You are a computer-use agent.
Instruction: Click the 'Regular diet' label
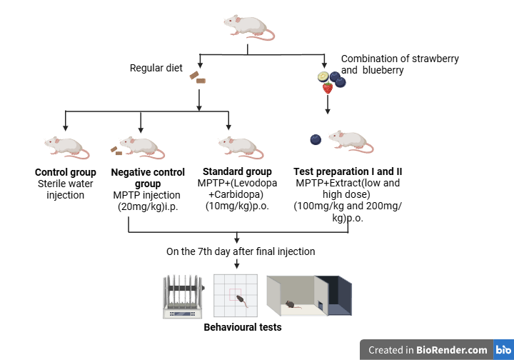coord(156,69)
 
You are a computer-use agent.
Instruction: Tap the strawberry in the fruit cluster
coord(328,88)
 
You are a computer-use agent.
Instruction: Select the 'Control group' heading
coord(66,173)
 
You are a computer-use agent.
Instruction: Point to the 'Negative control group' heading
coord(148,178)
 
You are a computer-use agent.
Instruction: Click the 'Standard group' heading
coord(237,171)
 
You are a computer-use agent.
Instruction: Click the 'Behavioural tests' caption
coord(243,328)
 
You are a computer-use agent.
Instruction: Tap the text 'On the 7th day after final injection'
coord(241,251)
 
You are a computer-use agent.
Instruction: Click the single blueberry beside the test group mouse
coord(316,139)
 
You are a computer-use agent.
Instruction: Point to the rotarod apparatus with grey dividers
coord(184,296)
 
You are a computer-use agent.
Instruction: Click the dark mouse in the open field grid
coord(241,300)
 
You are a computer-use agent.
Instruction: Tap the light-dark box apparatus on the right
coord(309,295)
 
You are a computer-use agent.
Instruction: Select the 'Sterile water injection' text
coord(66,189)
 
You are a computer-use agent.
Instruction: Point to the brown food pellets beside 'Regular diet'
coord(197,76)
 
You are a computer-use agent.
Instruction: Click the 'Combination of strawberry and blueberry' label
coord(400,64)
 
